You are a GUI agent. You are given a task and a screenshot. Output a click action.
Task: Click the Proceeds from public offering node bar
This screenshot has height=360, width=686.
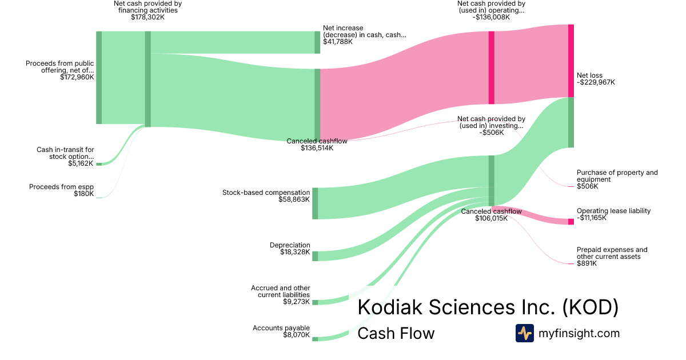[99, 77]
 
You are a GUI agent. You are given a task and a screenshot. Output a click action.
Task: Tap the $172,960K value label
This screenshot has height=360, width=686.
[77, 77]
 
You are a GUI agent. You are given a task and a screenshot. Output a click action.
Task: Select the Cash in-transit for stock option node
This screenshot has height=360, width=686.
[99, 164]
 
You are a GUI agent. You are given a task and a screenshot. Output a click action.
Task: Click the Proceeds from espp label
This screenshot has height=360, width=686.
[61, 187]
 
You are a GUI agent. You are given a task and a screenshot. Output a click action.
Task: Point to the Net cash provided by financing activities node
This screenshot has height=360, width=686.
[148, 79]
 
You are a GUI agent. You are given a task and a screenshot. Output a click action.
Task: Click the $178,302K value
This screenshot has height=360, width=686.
[147, 17]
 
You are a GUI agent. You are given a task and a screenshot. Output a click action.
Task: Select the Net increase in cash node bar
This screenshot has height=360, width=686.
[317, 42]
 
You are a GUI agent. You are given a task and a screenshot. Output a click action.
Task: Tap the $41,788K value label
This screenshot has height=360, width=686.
[337, 42]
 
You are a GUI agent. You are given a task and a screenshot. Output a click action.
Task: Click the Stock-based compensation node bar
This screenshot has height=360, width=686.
[315, 203]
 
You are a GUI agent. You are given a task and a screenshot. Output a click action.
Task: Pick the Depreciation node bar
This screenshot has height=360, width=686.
[315, 256]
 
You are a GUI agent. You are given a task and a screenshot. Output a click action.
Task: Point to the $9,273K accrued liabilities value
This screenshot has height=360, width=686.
[296, 302]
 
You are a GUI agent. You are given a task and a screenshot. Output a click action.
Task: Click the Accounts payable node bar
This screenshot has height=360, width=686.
[315, 339]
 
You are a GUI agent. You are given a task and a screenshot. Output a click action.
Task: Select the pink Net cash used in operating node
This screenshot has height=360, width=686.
[491, 67]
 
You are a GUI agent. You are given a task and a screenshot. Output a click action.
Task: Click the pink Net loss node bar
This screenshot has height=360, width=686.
[571, 61]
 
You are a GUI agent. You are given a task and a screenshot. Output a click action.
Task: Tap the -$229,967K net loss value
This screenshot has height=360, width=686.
[596, 82]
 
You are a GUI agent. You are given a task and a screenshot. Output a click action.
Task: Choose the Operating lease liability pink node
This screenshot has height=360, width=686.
[571, 222]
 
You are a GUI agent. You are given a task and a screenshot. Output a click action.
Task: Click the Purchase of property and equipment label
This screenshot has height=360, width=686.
[617, 176]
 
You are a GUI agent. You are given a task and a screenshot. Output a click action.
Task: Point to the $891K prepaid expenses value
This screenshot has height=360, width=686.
[587, 263]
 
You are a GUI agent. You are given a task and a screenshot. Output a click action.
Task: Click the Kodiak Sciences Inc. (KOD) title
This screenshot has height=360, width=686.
[488, 307]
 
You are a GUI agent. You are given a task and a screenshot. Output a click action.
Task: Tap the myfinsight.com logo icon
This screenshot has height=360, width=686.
[524, 333]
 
